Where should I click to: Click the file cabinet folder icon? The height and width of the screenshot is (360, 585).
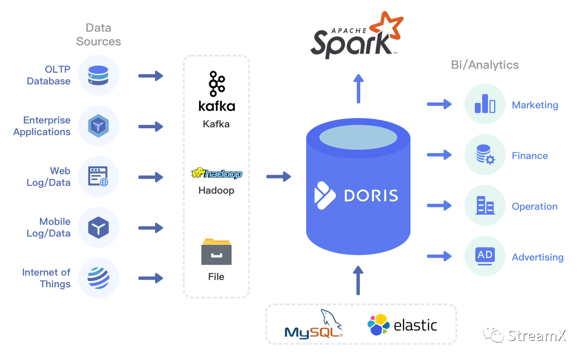coord(216,252)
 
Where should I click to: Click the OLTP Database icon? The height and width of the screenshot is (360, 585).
coord(98,76)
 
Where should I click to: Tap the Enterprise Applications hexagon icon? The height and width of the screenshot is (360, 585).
coord(98,126)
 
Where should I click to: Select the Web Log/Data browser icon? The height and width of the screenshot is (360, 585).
coord(98,177)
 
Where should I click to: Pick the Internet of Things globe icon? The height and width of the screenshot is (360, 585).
coord(98,278)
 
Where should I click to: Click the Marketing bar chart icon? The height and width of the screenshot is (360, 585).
coord(485,104)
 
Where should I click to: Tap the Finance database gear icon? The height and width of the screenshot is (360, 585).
coord(485,155)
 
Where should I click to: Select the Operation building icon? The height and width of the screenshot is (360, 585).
coord(485,205)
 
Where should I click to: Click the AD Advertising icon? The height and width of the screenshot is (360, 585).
coord(485,256)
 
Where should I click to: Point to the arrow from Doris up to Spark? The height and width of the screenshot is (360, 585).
coord(358,88)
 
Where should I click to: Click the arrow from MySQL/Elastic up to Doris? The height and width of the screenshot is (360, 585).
coord(358,280)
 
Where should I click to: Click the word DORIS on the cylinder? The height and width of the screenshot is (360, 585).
coord(371,196)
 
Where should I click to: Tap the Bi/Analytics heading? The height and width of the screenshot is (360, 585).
coord(485,65)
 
